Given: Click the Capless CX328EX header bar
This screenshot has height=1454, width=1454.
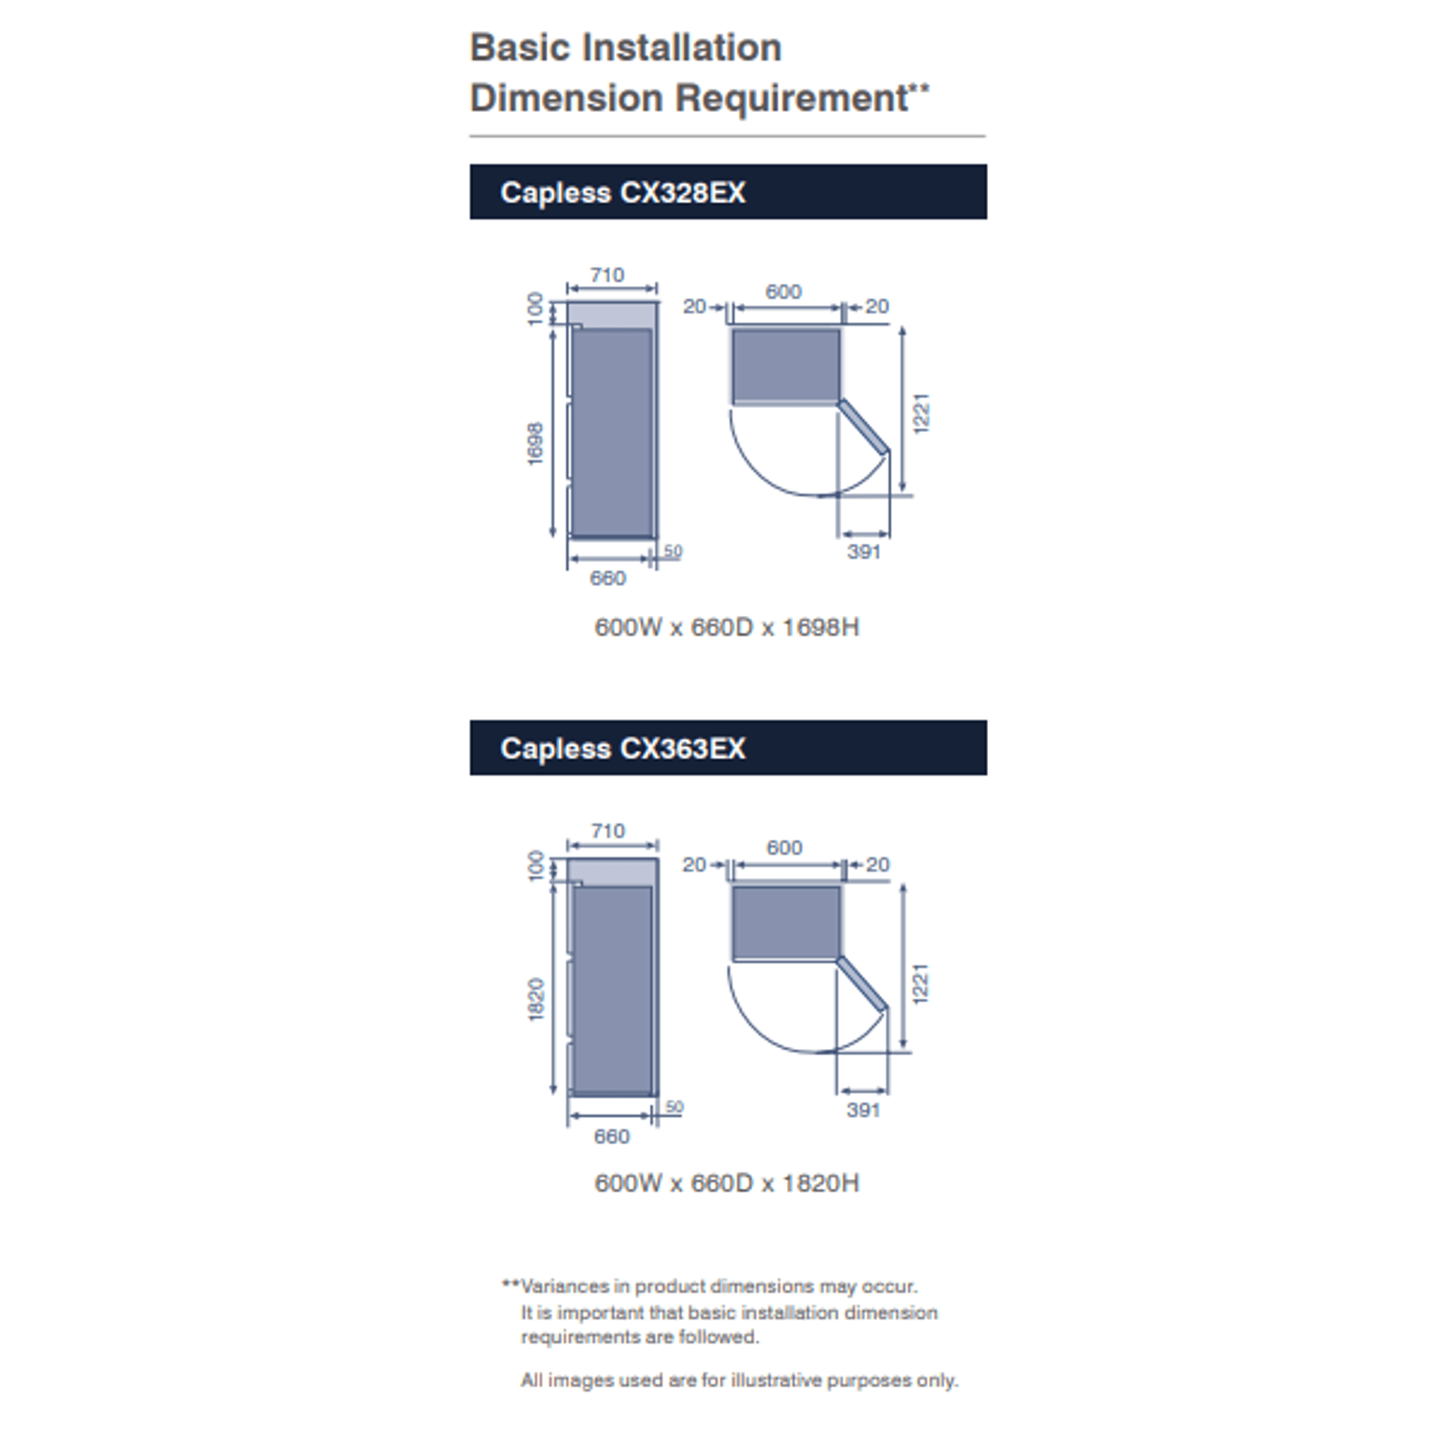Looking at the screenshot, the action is tap(728, 192).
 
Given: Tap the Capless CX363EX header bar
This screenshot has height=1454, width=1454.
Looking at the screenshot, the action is tap(728, 748).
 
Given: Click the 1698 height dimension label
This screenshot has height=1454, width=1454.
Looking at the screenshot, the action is tap(536, 443).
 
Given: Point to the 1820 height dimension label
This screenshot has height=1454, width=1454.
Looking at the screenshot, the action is tap(536, 999).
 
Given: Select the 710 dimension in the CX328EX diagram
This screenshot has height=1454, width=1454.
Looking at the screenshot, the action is tap(607, 275).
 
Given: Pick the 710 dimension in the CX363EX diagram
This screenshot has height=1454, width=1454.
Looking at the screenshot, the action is tap(608, 831).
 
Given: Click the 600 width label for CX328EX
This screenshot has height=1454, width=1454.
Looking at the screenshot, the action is tap(783, 291).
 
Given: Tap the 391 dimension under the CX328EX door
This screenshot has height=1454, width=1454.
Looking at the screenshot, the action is tap(864, 552).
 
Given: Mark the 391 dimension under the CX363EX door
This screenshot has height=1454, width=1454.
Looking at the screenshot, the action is tap(864, 1110).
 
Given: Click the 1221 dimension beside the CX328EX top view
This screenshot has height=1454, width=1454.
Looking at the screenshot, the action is tap(921, 413).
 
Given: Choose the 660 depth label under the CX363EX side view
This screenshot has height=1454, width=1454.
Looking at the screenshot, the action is tap(612, 1136).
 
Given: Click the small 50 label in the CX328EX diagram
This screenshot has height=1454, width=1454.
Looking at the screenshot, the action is tap(673, 551).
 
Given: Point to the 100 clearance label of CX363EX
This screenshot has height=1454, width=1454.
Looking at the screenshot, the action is tap(536, 866).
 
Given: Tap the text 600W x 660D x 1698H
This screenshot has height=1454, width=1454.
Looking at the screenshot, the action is tap(727, 627).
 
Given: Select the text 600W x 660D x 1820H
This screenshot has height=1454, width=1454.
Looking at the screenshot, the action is tap(727, 1183).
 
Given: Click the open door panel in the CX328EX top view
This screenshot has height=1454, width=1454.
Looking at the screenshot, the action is tap(863, 427).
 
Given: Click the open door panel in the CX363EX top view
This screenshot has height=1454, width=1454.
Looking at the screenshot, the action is tap(862, 984).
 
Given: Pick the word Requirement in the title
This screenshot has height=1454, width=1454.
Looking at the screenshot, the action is tap(792, 98).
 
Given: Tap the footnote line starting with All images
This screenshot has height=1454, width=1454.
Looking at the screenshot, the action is tap(739, 1380).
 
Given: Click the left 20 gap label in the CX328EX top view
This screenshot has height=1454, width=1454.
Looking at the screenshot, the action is tap(695, 306).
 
